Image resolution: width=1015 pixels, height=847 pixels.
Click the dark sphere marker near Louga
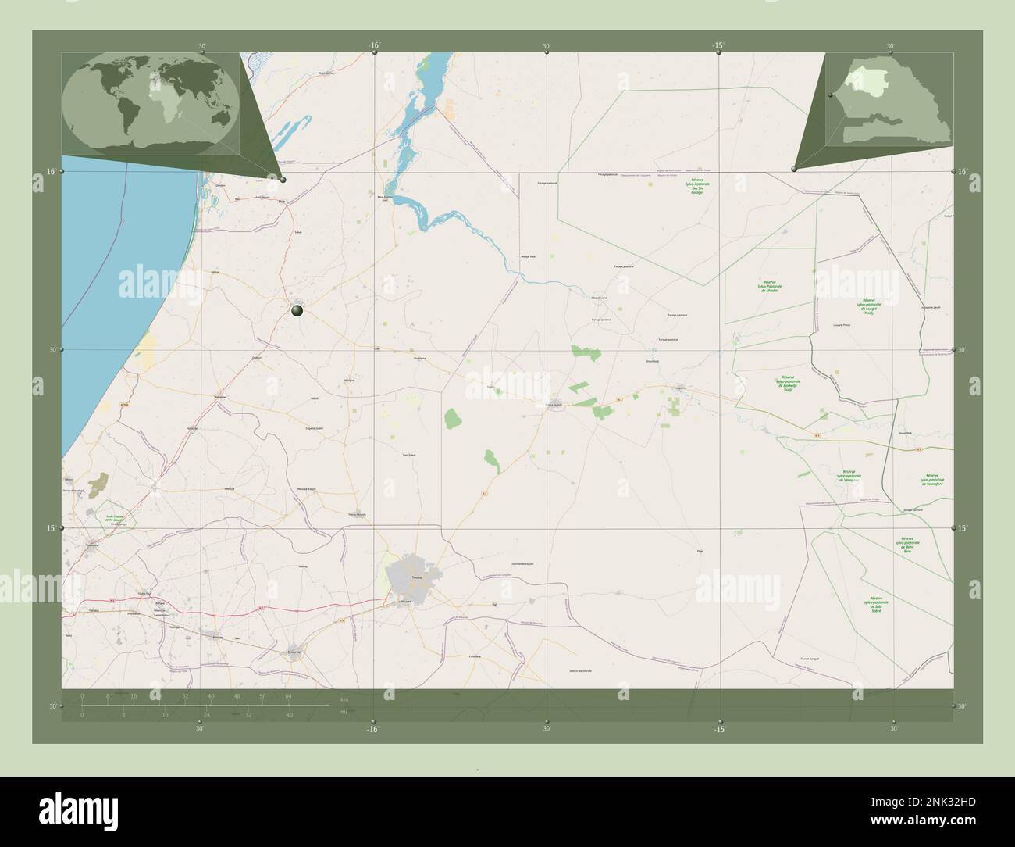coord(297,311)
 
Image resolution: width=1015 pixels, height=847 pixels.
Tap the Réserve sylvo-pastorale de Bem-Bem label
coord(907,543)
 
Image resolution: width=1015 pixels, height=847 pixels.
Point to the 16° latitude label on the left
coord(50,171)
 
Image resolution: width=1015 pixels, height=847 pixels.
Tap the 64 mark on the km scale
coord(288,695)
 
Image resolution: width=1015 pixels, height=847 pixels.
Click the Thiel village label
coord(699,551)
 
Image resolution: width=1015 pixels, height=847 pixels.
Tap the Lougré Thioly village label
coord(842,324)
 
